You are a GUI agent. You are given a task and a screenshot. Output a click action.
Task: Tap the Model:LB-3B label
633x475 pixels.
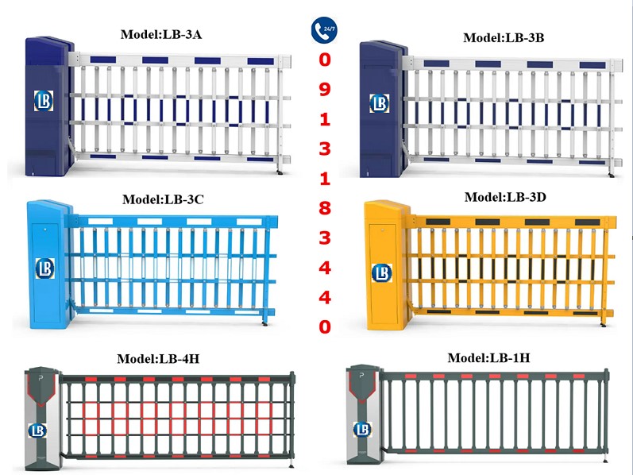[504, 37]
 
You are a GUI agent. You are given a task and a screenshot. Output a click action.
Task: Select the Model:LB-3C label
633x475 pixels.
[162, 199]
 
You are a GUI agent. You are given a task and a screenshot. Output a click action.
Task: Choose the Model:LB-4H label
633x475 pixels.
[158, 358]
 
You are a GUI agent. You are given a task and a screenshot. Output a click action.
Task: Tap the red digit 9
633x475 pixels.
[324, 90]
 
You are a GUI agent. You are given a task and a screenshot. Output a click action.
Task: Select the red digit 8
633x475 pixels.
[324, 208]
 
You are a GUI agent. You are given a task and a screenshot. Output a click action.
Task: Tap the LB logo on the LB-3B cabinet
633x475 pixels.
[380, 102]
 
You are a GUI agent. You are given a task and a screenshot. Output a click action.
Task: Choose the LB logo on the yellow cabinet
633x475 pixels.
[382, 273]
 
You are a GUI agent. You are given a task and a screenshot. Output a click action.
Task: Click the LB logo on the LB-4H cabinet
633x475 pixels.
[37, 431]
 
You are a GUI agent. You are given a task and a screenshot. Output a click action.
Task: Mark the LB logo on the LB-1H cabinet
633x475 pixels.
[362, 429]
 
